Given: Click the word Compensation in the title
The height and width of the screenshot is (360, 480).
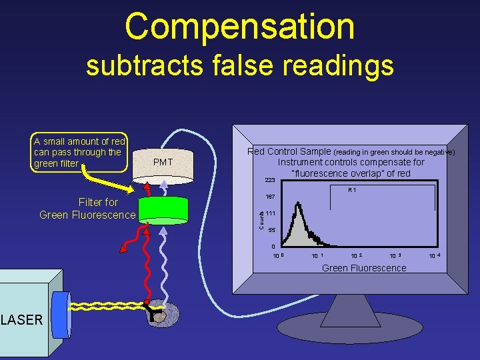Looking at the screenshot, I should click(x=239, y=27).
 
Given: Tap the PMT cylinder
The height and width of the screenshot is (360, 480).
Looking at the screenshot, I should click(x=164, y=164).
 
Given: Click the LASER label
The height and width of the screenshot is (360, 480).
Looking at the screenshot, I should click(x=21, y=320).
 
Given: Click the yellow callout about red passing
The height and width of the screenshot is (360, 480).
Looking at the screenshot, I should click(x=79, y=152).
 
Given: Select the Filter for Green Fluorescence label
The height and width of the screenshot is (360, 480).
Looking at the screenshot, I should click(x=87, y=208).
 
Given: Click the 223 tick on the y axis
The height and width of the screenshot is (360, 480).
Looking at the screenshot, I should click(x=270, y=181).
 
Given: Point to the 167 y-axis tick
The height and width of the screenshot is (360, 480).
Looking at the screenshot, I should click(x=270, y=197).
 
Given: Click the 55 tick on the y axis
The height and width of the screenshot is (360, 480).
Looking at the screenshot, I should click(x=271, y=230).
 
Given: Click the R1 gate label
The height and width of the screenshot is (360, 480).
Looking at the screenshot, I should click(x=352, y=191).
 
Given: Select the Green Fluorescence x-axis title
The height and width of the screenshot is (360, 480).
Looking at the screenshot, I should click(x=363, y=268).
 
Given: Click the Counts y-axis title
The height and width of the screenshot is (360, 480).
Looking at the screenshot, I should click(x=261, y=218).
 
